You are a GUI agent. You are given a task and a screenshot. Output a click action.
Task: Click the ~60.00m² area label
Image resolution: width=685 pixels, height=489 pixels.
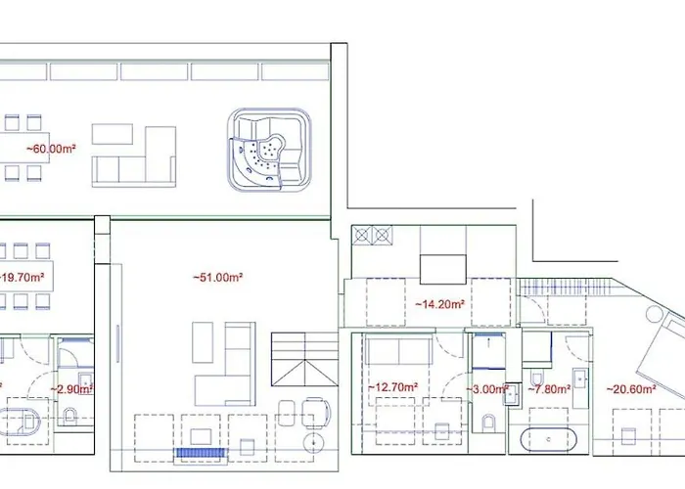pyautogui.click(x=53, y=150)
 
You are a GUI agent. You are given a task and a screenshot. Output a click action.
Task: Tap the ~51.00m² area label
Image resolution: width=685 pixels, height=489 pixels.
pyautogui.click(x=218, y=278)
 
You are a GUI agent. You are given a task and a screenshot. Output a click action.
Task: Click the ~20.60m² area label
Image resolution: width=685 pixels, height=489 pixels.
pyautogui.click(x=629, y=389)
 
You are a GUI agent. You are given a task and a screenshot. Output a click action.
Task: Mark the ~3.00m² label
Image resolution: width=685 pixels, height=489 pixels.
pyautogui.click(x=485, y=389)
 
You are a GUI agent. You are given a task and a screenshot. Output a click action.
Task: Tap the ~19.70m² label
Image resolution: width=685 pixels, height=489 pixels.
pyautogui.click(x=23, y=278)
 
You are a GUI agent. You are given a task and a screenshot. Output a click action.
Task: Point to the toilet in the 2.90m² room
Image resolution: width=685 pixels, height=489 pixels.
pyautogui.click(x=68, y=418)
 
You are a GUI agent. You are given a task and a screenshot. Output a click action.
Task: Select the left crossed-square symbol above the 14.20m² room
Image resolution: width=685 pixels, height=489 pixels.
pyautogui.click(x=361, y=235)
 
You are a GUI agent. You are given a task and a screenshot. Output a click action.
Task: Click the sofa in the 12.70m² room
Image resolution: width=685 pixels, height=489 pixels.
pyautogui.click(x=395, y=351)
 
